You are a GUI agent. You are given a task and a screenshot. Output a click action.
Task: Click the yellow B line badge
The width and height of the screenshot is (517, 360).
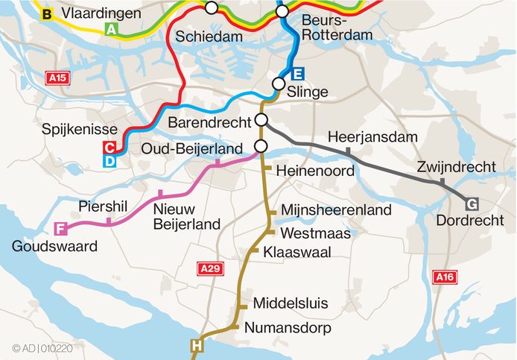click(x=47, y=14)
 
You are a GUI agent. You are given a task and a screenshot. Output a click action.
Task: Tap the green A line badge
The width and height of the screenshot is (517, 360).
click(x=111, y=30)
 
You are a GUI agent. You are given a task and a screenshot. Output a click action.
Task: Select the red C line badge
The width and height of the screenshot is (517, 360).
click(x=110, y=147)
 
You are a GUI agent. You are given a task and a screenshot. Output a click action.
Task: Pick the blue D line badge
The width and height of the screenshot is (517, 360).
click(x=110, y=160)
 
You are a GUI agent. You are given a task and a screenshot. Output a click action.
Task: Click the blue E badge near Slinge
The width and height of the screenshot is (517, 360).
click(x=297, y=74)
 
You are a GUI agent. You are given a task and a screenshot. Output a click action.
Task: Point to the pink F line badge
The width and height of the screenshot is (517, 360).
click(x=60, y=229)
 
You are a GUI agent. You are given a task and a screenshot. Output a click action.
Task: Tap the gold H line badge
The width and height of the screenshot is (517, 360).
click(x=197, y=345)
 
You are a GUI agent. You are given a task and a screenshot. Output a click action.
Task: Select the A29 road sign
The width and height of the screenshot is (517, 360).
click(x=209, y=268)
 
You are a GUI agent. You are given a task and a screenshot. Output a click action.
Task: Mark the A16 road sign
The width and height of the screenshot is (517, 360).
click(x=444, y=277)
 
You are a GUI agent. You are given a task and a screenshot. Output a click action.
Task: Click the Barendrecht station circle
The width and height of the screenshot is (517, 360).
click(x=261, y=121)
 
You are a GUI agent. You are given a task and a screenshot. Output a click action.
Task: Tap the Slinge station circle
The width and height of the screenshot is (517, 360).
click(x=279, y=83)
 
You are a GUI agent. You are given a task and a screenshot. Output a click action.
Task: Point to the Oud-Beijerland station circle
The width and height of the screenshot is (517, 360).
click(x=261, y=145)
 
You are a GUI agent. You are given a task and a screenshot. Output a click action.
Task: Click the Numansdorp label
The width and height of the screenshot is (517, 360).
click(x=287, y=327)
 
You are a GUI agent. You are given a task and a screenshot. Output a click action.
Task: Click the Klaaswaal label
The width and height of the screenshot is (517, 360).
click(x=297, y=252)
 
